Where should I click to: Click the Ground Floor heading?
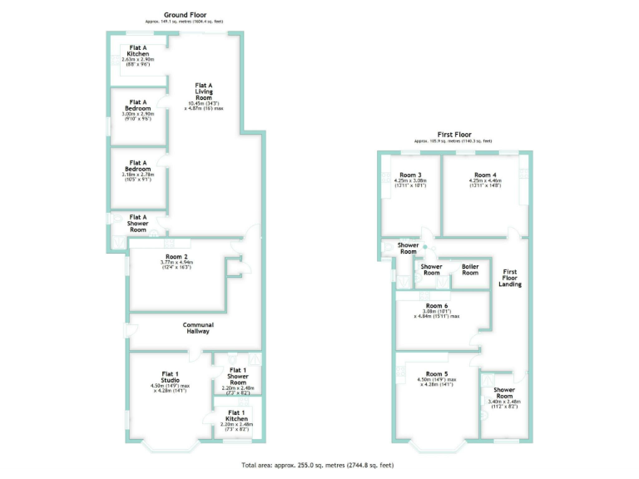185,15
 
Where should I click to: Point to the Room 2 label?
176,257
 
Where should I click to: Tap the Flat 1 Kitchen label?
236,415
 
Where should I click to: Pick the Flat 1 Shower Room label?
237,374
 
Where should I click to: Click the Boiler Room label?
470,269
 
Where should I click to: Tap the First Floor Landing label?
510,278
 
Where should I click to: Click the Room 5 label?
437,374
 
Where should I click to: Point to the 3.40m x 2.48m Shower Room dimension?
504,402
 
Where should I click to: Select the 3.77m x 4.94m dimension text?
176,264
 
